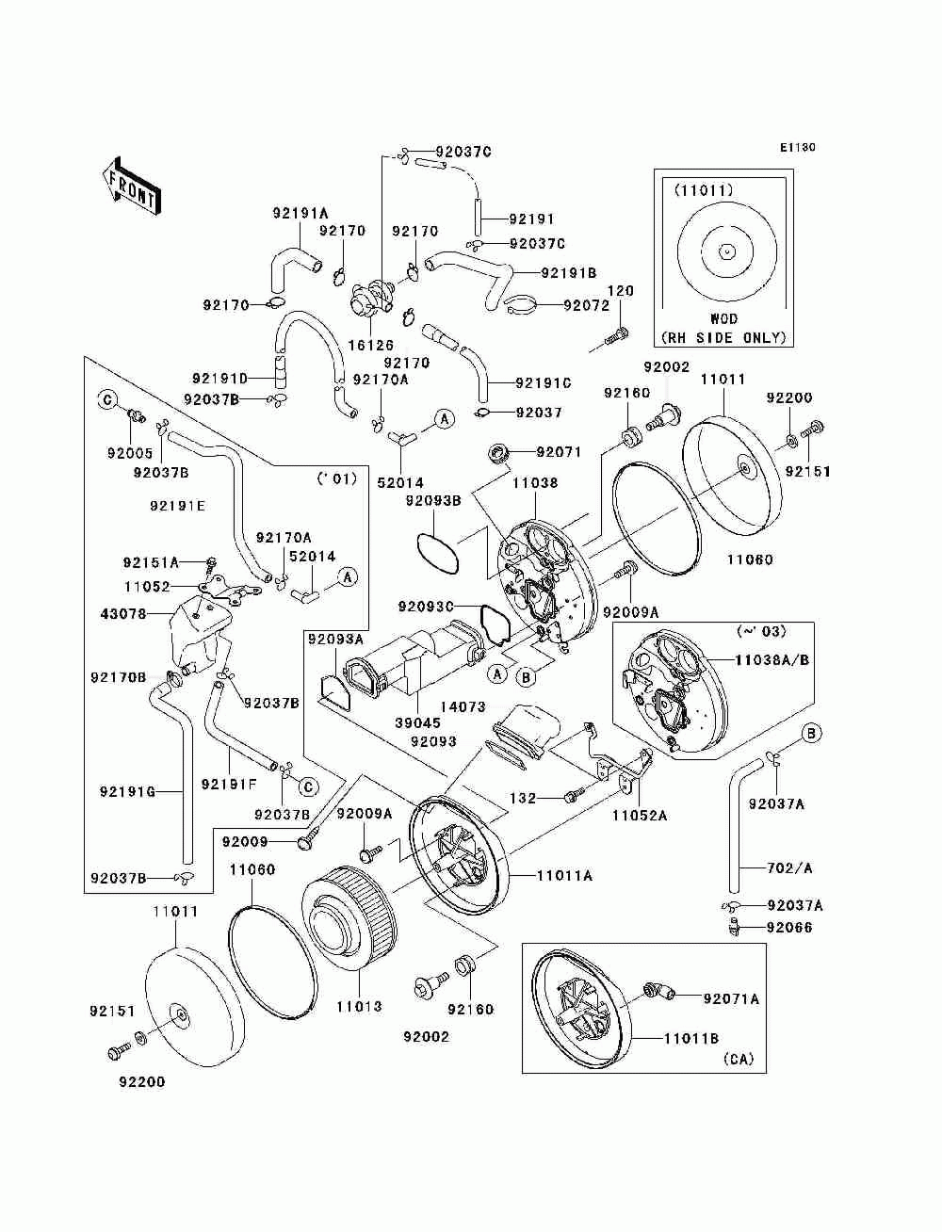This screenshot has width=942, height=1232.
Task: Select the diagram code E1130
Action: pos(797,148)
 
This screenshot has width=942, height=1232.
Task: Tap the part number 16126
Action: pos(371,345)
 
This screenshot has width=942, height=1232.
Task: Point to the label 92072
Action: pos(587,305)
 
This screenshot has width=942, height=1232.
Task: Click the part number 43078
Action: pos(123,614)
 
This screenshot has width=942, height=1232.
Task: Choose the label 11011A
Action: pos(565,875)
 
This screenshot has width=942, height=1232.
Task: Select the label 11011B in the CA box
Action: pos(691,1038)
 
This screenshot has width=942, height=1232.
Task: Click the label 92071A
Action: pos(732,999)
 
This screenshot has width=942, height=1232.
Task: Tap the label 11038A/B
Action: pos(771,660)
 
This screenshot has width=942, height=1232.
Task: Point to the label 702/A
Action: pos(789,868)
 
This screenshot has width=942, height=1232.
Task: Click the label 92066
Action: pos(789,928)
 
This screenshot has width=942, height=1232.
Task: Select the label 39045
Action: pos(417,723)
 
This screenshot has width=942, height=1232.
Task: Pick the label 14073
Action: pos(463,707)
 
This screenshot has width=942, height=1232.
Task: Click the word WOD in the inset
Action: pos(724,318)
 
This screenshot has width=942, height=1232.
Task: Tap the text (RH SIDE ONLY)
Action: pos(723,338)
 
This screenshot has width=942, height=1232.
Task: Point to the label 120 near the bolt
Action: pos(621,291)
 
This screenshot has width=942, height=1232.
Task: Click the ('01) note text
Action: pos(337,478)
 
